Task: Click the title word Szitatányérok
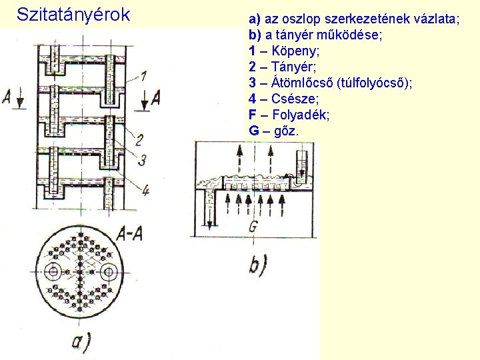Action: pyautogui.click(x=73, y=14)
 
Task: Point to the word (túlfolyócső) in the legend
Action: pyautogui.click(x=375, y=83)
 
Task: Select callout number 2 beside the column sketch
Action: pyautogui.click(x=139, y=140)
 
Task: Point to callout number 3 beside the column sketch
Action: pyautogui.click(x=142, y=159)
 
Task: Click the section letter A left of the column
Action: pyautogui.click(x=7, y=98)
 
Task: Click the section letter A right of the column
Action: pyautogui.click(x=155, y=98)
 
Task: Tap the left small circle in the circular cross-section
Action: pyautogui.click(x=53, y=271)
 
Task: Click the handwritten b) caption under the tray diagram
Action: pyautogui.click(x=257, y=265)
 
